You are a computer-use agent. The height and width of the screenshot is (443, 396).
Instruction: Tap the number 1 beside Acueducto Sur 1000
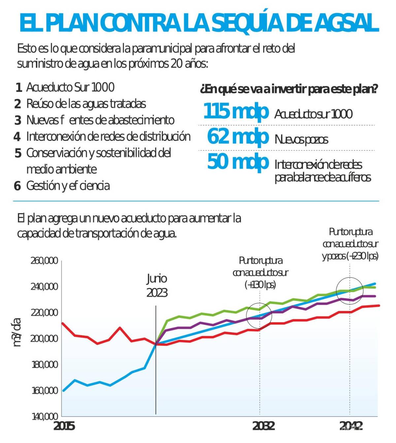coord(19,87)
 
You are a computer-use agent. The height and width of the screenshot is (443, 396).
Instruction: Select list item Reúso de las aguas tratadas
coord(86,104)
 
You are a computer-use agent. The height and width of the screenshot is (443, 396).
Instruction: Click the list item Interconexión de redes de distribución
coord(108,137)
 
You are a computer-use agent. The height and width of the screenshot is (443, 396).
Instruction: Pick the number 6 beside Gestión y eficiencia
coord(17,186)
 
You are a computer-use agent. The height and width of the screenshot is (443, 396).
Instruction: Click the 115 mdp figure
coord(236,111)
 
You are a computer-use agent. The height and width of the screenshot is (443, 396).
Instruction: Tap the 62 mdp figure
coord(238,137)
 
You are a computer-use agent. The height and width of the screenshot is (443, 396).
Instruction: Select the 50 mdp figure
coord(238,162)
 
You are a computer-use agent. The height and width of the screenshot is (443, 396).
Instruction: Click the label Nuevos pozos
coord(301,140)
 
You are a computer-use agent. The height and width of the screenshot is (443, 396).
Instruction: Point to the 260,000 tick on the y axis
coord(44,261)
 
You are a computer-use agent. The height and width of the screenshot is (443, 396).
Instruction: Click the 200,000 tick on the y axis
coord(44,338)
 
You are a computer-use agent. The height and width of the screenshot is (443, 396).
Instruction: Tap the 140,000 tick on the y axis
coord(45,416)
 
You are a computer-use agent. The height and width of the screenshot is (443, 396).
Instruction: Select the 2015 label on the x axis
coord(64,426)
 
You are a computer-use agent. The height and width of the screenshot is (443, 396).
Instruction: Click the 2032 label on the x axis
coord(263,426)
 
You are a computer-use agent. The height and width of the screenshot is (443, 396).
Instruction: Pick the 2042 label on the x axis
coord(351,426)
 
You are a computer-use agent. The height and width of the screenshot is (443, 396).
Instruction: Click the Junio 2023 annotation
coord(157,286)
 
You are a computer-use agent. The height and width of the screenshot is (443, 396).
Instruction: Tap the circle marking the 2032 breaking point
coord(259,316)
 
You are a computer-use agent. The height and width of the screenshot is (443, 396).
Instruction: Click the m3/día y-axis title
coord(17,332)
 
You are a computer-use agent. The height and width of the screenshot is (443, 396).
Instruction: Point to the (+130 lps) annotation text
coord(260,284)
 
